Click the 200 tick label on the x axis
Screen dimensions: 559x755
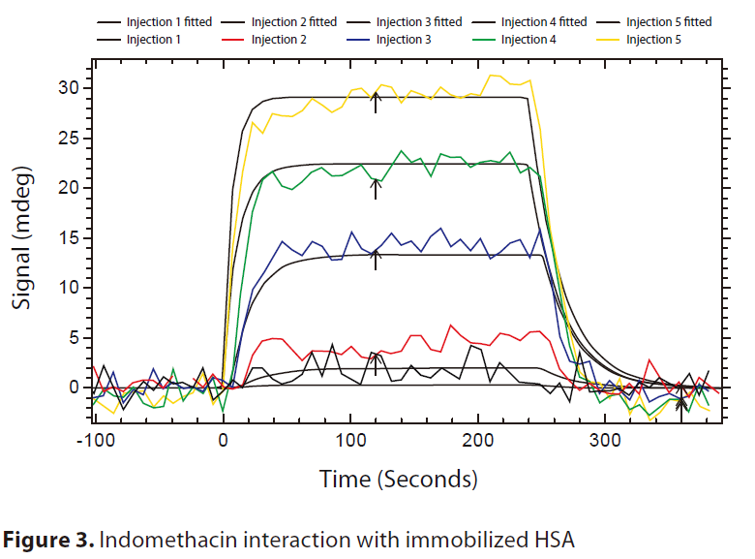[478, 438]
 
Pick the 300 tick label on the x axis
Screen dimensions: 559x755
[605, 438]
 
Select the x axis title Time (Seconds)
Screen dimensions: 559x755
[398, 479]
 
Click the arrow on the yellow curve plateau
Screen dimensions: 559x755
[377, 100]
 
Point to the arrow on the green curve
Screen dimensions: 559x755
[377, 187]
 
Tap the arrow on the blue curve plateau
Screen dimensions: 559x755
[377, 259]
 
